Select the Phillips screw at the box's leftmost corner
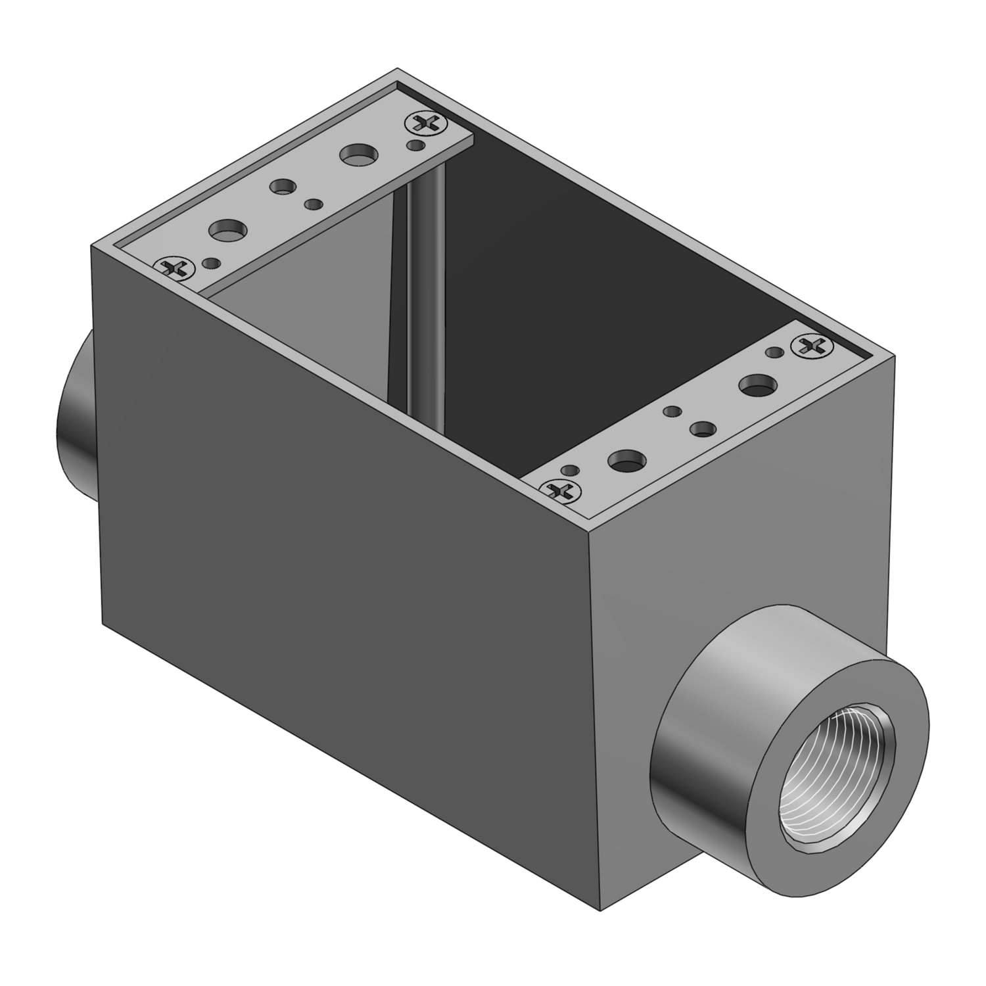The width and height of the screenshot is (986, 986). click(174, 268)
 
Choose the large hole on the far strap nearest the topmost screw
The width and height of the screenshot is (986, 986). click(359, 156)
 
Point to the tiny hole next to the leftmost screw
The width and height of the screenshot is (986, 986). click(211, 263)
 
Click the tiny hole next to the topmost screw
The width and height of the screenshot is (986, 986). click(415, 144)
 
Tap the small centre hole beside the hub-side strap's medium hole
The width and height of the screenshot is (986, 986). click(671, 411)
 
